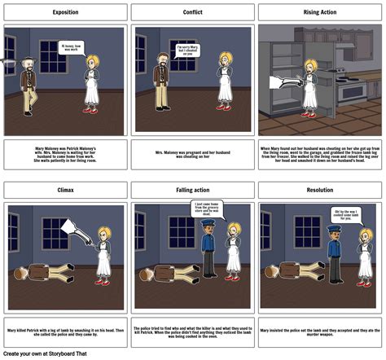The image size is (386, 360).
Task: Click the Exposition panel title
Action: click(x=66, y=12)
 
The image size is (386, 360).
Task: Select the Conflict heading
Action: click(x=193, y=12)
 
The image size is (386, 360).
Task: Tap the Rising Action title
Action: click(x=320, y=12)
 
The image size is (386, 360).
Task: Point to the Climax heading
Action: click(x=66, y=190)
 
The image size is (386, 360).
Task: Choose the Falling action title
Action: click(x=193, y=190)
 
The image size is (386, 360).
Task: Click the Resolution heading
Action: click(x=320, y=190)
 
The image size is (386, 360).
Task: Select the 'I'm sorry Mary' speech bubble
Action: click(x=187, y=50)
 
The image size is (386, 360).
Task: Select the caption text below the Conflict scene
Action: click(x=193, y=153)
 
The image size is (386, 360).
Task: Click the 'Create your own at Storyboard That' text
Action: click(x=46, y=353)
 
